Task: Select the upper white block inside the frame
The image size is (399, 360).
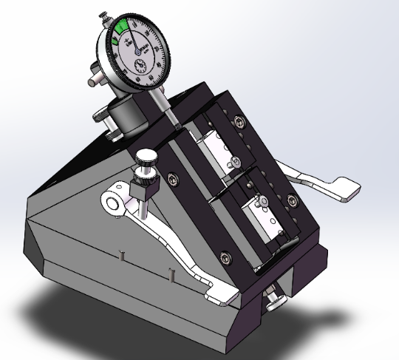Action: (221, 151)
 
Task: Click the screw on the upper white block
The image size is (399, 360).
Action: (235, 162)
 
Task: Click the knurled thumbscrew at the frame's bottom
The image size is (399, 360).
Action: (277, 299)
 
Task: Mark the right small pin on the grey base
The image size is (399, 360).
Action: (171, 274)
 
